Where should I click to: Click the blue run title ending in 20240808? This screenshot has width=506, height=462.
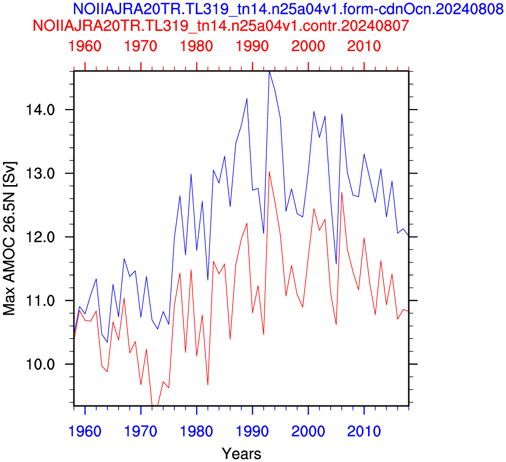[289, 8]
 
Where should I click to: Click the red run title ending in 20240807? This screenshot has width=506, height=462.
[221, 25]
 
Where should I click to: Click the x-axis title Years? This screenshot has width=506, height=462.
[242, 453]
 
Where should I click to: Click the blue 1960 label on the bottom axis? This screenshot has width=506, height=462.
[85, 431]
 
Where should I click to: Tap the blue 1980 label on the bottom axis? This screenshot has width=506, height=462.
[196, 431]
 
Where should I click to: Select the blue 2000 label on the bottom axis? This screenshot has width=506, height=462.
[308, 431]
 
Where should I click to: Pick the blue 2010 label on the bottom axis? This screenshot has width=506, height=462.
[364, 431]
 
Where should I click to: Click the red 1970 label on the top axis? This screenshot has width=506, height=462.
[141, 46]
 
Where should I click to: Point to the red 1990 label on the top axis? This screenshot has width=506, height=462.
[253, 46]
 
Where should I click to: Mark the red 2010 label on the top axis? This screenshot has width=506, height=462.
[364, 46]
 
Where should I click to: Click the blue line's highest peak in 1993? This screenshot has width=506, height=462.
[269, 71]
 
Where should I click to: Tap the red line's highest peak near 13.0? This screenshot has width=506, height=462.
[269, 172]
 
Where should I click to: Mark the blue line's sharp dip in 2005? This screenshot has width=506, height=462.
[336, 264]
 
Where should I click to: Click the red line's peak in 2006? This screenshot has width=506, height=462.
[342, 193]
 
